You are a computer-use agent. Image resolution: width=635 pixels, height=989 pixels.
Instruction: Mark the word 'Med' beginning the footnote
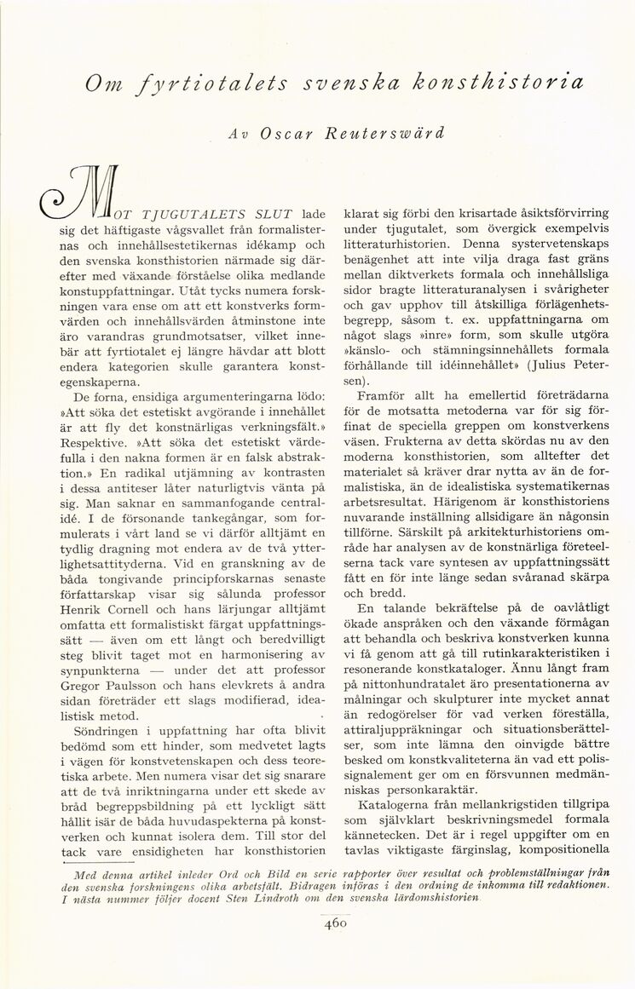(87, 873)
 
